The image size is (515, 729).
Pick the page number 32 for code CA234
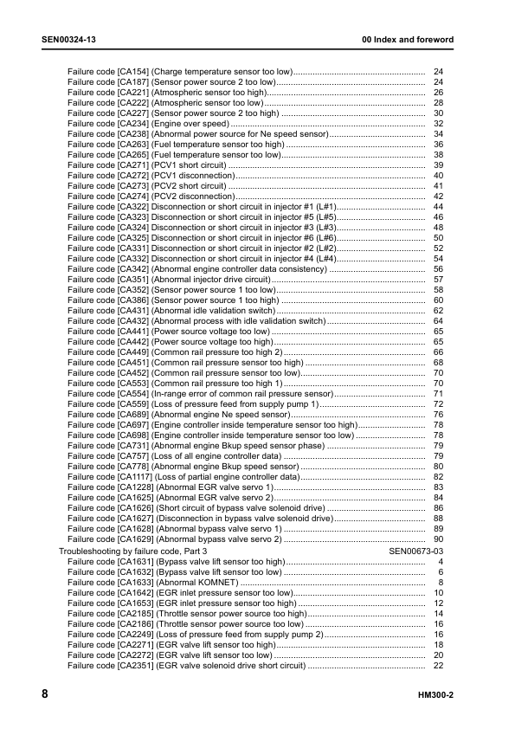pos(438,124)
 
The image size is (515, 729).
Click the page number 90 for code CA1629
pos(438,539)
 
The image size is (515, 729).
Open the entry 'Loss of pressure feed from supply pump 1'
pos(236,404)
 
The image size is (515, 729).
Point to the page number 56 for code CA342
pos(438,269)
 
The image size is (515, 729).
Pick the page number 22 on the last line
pos(438,665)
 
